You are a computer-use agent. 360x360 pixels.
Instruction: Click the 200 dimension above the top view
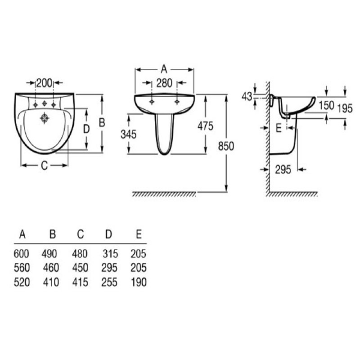tap(44, 83)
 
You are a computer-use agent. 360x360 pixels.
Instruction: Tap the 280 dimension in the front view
tap(164, 83)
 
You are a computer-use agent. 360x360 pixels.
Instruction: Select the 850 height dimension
tap(226, 146)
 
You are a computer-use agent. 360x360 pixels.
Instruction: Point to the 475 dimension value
tap(205, 126)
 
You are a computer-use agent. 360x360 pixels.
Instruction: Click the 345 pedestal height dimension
tap(129, 134)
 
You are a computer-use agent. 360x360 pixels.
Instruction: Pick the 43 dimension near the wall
tap(247, 97)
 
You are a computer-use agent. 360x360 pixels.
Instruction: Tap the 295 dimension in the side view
tap(283, 170)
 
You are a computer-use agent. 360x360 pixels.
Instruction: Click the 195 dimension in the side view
tap(345, 108)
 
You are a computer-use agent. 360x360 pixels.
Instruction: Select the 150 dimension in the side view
tap(326, 106)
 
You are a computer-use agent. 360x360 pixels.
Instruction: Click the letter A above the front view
tap(164, 69)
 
